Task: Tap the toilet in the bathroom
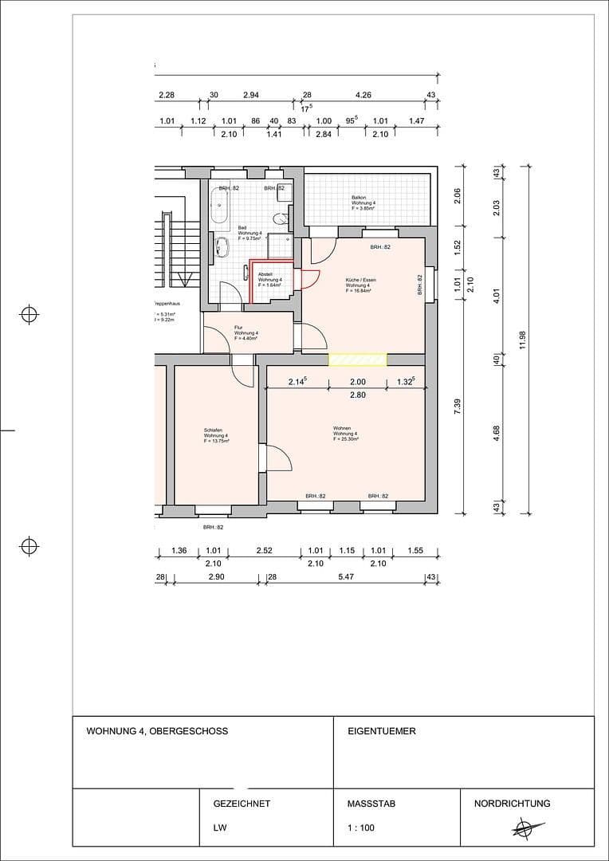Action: tap(278, 219)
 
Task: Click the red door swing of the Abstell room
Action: tap(308, 279)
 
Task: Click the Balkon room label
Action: tap(363, 203)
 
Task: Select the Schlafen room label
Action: tap(215, 436)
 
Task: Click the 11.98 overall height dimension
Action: tap(522, 340)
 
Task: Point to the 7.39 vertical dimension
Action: tap(457, 407)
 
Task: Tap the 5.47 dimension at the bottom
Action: tap(346, 576)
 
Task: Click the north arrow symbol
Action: tap(525, 827)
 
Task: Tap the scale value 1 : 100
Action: tap(360, 828)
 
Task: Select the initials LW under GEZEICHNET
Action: tap(219, 828)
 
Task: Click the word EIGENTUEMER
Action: tap(382, 731)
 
